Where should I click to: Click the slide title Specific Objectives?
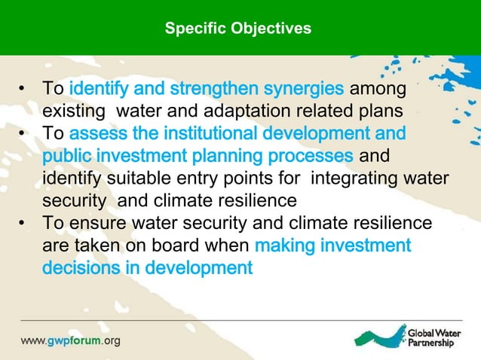[x=237, y=29]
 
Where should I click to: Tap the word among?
[x=378, y=90]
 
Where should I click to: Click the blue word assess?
[x=97, y=135]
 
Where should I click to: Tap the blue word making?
[x=286, y=246]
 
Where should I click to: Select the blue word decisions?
[x=78, y=268]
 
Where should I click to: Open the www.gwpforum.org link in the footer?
[x=69, y=340]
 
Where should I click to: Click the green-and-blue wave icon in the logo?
[x=380, y=334]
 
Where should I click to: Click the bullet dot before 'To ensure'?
[x=24, y=224]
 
